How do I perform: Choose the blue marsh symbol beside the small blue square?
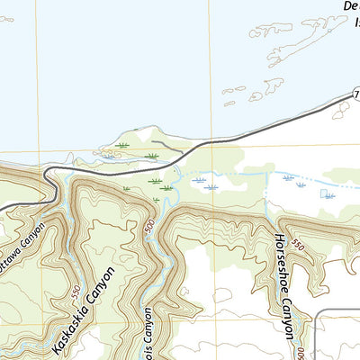329,195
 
